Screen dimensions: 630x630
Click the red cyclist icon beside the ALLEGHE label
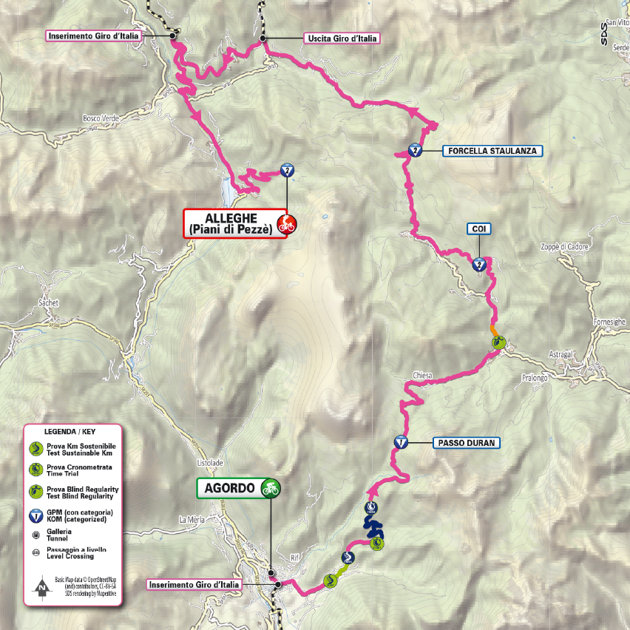[x=285, y=224]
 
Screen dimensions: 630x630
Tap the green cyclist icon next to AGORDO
[x=271, y=488]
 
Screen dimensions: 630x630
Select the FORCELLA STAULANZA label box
[x=493, y=151]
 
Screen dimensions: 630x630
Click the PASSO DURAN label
[x=466, y=443]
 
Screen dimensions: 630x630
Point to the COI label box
[x=478, y=229]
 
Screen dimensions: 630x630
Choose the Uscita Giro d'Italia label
[x=340, y=38]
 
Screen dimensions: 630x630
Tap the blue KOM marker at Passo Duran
[x=400, y=442]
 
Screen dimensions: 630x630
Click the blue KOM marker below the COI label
[x=479, y=264]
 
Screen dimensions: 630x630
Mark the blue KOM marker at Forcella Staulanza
[x=416, y=151]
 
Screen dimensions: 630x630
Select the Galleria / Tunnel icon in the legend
[x=35, y=535]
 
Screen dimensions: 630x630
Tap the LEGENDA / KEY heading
[x=70, y=430]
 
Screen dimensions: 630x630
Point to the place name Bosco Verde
[x=101, y=118]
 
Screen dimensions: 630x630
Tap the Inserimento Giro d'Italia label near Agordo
[x=194, y=585]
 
